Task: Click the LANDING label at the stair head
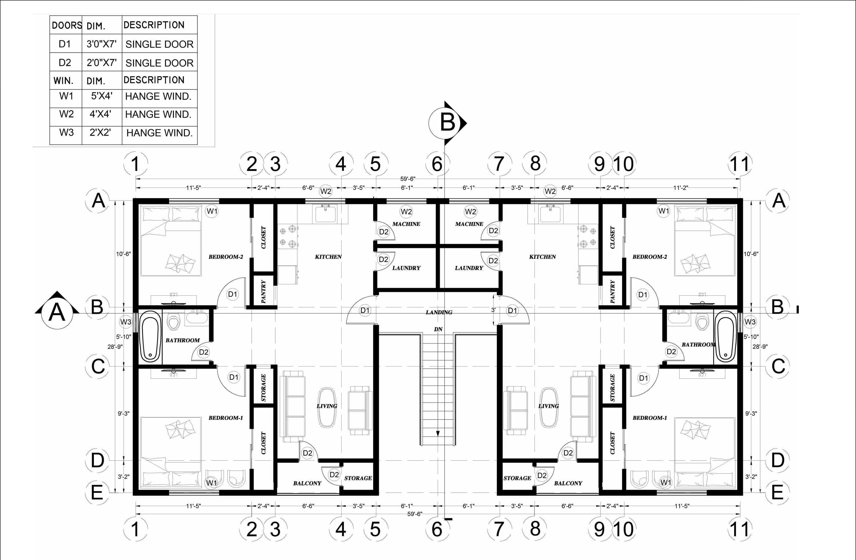tap(439, 312)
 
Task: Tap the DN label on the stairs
tap(438, 329)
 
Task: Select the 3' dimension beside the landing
tap(493, 310)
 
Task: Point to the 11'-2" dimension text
tap(681, 188)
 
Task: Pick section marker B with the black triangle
tap(448, 123)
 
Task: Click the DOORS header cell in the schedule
tap(67, 25)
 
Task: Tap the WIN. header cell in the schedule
tap(63, 80)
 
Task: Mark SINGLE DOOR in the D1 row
tap(159, 44)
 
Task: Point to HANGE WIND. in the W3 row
tap(159, 133)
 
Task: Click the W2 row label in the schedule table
tap(66, 114)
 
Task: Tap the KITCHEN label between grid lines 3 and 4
tap(328, 257)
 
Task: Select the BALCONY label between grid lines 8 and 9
tap(568, 483)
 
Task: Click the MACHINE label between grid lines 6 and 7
tap(469, 224)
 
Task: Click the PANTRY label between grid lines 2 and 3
tap(263, 291)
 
